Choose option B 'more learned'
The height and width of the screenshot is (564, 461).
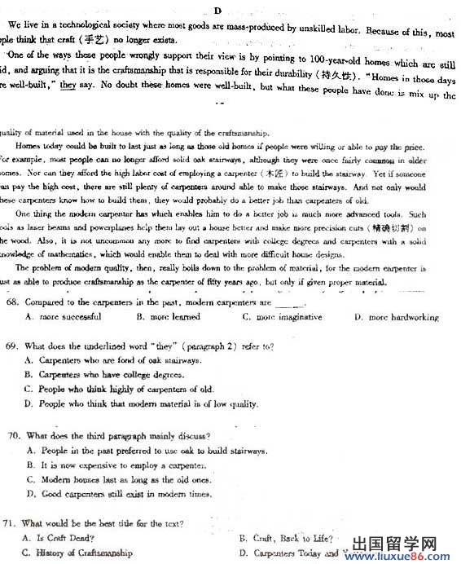(x=169, y=317)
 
